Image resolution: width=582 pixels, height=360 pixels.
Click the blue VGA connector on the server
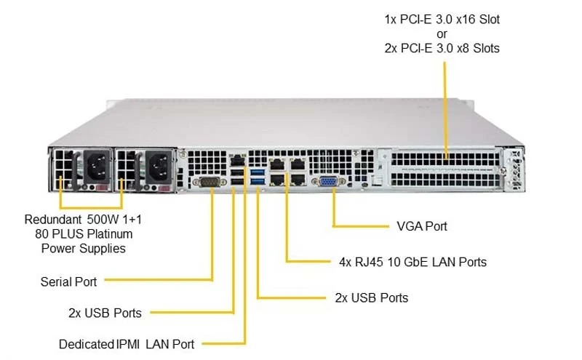(x=329, y=182)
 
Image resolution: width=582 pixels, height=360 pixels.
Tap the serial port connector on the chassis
(x=210, y=183)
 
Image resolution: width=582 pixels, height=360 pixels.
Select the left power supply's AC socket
(x=97, y=167)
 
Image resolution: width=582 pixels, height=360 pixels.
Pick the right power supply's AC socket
(x=159, y=167)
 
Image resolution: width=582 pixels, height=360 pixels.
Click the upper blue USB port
(x=258, y=172)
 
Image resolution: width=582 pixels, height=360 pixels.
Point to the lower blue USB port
(x=258, y=181)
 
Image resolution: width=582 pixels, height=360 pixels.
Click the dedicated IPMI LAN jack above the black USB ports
(x=238, y=161)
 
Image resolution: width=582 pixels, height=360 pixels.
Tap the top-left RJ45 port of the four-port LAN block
(x=277, y=164)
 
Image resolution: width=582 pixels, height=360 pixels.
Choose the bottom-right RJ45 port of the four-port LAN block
(x=298, y=180)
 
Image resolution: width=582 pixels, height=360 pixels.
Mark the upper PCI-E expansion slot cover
(x=445, y=159)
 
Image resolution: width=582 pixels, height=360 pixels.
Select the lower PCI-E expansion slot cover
(x=445, y=180)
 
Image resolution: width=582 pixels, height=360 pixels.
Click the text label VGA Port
(x=422, y=226)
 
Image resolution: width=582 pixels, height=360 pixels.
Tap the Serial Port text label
(x=68, y=281)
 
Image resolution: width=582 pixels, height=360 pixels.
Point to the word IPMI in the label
(x=128, y=345)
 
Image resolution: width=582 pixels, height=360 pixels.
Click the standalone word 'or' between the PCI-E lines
(x=442, y=34)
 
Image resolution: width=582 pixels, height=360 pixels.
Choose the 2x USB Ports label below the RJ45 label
(x=372, y=297)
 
